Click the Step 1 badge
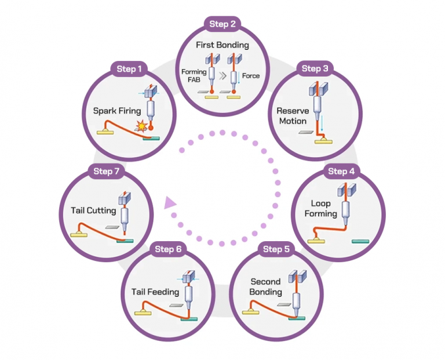tap(129, 69)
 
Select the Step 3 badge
tap(315, 68)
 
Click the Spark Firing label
tap(117, 110)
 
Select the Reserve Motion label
tap(292, 116)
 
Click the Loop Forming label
tap(320, 209)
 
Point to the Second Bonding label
tap(265, 286)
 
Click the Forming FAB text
tap(192, 75)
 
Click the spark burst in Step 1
tap(140, 125)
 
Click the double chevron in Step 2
tap(222, 76)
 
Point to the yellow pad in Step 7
tap(79, 235)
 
